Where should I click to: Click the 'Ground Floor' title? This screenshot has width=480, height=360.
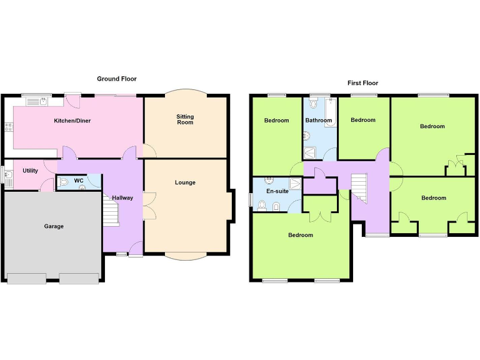coord(116,79)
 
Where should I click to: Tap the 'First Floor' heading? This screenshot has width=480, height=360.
coord(362,83)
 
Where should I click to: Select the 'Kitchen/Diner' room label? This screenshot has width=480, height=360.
coord(72,121)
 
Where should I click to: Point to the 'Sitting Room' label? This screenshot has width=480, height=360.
coord(185,119)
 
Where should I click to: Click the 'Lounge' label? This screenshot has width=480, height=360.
coord(185,182)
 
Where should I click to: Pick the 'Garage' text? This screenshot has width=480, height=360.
coord(54,226)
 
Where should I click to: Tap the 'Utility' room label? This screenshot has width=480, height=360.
coord(30,171)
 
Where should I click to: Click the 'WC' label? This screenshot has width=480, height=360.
coord(79,181)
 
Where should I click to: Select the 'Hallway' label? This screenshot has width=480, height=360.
coord(122,198)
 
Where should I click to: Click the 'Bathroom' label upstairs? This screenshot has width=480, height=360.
coord(318,120)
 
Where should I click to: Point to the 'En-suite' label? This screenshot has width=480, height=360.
coord(277,191)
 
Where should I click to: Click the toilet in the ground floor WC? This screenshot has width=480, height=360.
coord(64,183)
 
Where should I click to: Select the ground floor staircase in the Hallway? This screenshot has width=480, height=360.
coord(110,211)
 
